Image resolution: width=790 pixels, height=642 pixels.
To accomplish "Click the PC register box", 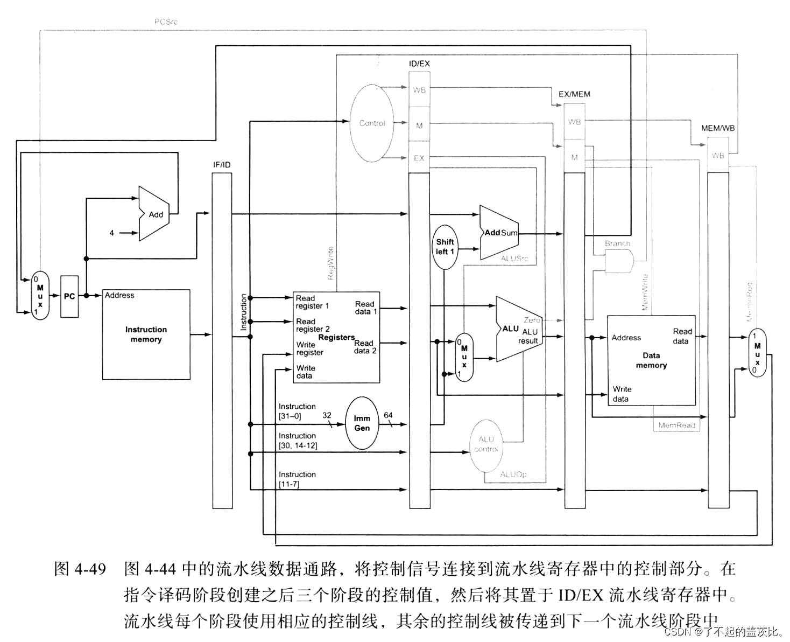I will tap(69, 296).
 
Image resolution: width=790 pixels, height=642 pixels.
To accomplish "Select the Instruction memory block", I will tap(146, 334).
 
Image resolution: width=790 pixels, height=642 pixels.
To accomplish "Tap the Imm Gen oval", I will tap(362, 423).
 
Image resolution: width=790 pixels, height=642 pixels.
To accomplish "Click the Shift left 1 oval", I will tap(445, 247).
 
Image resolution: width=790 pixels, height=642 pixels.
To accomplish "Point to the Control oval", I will tap(372, 123).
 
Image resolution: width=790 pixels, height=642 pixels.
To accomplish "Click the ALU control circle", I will tap(486, 444).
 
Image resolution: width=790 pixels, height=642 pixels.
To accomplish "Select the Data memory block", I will tap(651, 360).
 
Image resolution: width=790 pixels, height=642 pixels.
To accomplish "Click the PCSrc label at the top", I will tap(165, 22).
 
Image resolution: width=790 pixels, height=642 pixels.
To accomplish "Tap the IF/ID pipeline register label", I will tap(222, 164).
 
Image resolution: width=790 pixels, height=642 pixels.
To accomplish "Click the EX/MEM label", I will tap(574, 94).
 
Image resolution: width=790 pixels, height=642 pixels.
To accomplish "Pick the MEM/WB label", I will tap(718, 128).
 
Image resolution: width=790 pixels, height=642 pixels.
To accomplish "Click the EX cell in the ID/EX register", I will tap(419, 158).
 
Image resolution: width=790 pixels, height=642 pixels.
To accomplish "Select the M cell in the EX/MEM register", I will tap(574, 157).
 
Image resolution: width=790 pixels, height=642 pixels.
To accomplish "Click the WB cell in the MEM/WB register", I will tap(718, 156).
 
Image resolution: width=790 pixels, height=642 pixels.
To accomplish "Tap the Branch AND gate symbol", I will tap(619, 263).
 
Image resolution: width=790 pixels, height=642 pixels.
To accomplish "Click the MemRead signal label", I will tap(676, 425).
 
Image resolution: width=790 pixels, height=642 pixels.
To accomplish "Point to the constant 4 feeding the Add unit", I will tap(112, 233).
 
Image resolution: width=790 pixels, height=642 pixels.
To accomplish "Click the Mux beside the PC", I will tap(40, 296).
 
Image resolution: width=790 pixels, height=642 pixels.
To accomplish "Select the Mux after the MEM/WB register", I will tap(757, 353).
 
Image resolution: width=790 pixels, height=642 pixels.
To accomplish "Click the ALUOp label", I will tap(513, 474).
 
